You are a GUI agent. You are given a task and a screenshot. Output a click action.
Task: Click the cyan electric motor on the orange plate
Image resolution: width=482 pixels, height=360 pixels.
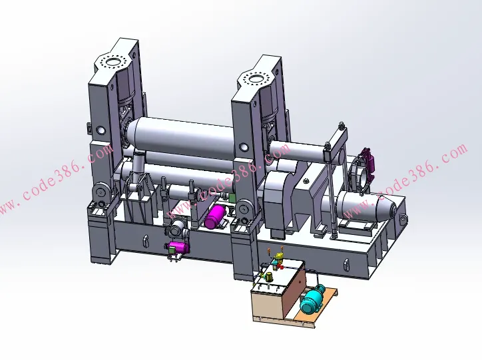(312, 298)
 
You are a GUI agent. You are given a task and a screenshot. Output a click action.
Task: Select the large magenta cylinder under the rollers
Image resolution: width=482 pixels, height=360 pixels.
(216, 217)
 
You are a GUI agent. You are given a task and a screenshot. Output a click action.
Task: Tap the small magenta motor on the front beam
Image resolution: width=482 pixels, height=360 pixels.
(179, 248)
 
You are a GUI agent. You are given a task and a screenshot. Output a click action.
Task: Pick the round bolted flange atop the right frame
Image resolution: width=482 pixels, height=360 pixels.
(255, 79)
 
